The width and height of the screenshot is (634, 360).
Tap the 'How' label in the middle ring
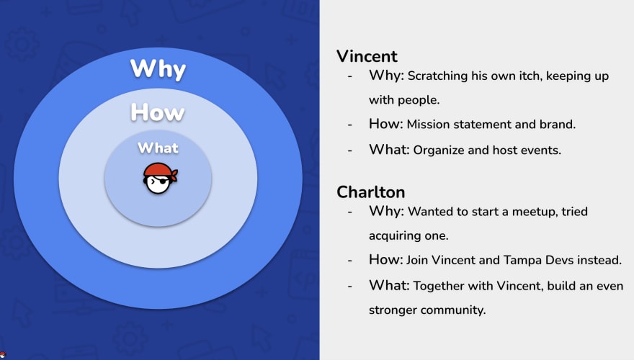point(158,112)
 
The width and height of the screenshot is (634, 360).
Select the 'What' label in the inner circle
point(158,148)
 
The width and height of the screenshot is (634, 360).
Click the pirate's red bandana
point(161,170)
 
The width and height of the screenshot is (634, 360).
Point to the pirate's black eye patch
point(163,181)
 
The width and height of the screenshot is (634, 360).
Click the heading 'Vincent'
point(367,56)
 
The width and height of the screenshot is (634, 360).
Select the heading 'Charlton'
point(371,192)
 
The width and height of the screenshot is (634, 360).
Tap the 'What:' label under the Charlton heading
point(389,285)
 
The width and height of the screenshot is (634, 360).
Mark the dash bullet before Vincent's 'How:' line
point(349,125)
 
